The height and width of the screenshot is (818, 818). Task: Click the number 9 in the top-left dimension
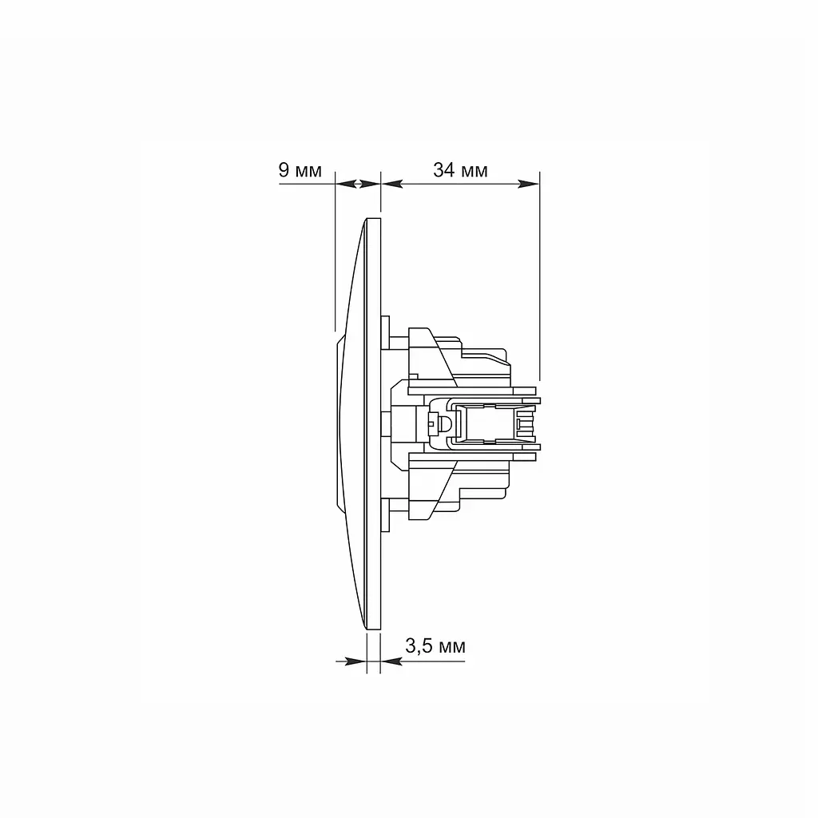[284, 170]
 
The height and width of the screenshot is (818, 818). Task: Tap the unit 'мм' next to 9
[308, 172]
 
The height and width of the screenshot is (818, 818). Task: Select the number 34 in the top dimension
[444, 170]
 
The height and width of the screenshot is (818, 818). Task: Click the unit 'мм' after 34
[475, 172]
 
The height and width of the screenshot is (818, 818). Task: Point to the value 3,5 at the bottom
[419, 646]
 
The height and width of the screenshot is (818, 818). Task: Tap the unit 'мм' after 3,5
[452, 647]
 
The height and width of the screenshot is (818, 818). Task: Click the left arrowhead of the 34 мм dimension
[392, 184]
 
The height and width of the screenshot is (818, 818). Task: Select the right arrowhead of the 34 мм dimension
[529, 184]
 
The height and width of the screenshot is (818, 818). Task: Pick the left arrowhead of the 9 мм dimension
[345, 184]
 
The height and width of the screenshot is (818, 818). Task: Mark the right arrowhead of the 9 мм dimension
[370, 184]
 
